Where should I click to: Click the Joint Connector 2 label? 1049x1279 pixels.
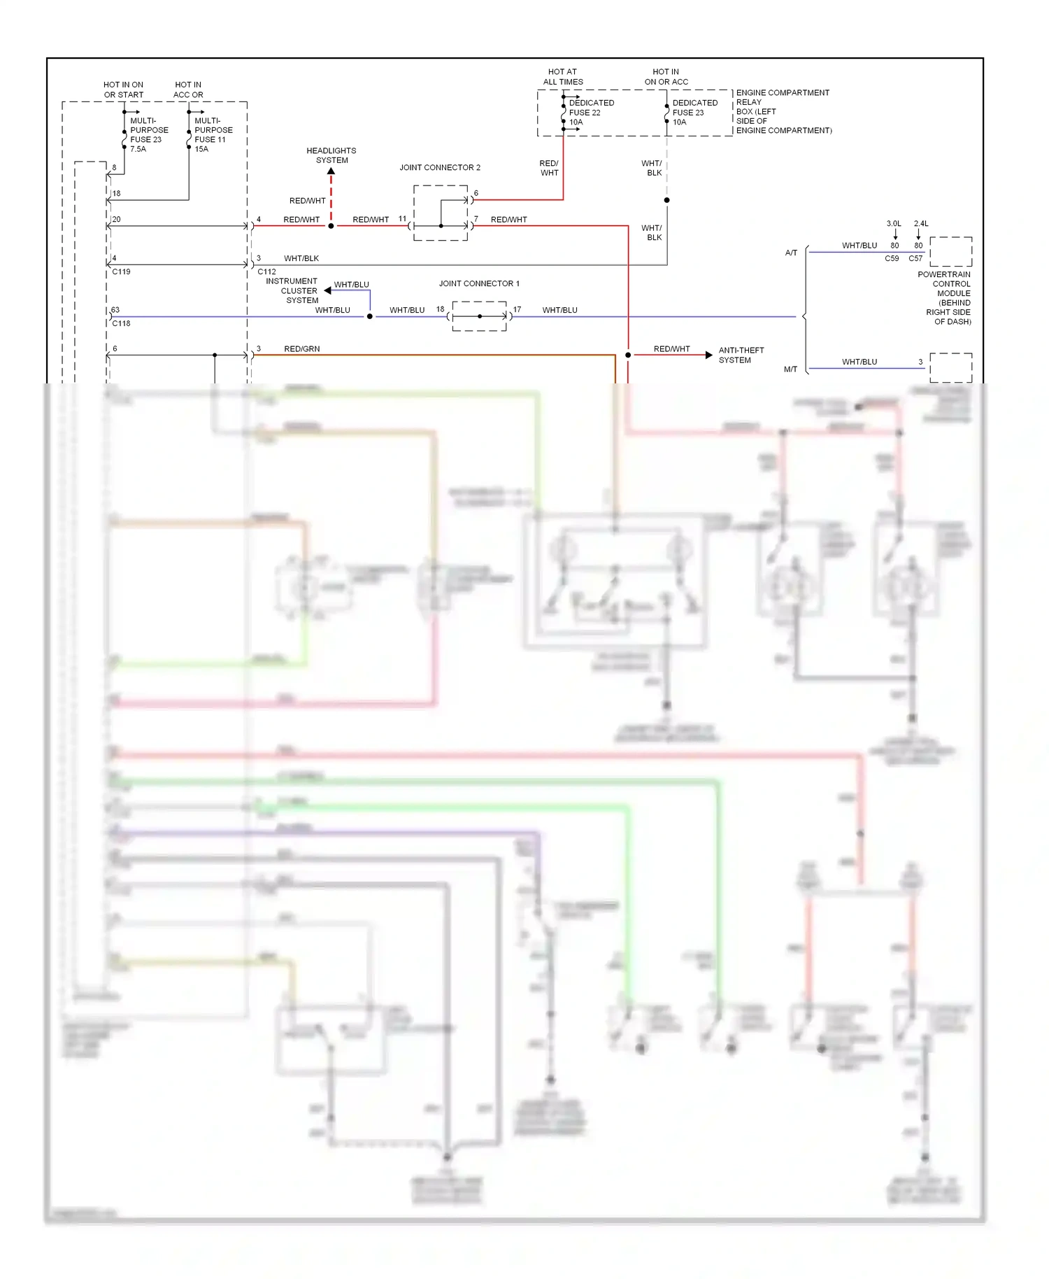440,167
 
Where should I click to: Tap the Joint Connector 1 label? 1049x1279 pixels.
479,283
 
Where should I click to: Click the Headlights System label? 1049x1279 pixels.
331,155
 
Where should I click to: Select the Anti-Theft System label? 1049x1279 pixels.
741,355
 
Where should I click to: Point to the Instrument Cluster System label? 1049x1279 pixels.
292,290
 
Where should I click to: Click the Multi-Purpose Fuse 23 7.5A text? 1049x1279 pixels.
149,134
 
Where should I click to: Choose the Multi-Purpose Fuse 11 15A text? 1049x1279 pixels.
213,134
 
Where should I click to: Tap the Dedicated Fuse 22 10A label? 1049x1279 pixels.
591,112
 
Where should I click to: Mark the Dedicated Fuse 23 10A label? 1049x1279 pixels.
694,112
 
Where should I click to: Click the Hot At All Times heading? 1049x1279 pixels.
563,77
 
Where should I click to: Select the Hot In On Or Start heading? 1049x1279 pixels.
124,90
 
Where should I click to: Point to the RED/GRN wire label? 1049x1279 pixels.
302,348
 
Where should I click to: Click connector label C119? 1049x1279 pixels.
122,271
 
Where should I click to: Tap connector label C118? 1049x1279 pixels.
122,323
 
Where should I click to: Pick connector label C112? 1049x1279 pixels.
266,271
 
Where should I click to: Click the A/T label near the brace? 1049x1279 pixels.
791,253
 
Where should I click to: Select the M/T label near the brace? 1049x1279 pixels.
790,369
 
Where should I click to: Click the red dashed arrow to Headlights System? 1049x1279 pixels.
331,192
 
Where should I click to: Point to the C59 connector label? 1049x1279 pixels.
892,258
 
